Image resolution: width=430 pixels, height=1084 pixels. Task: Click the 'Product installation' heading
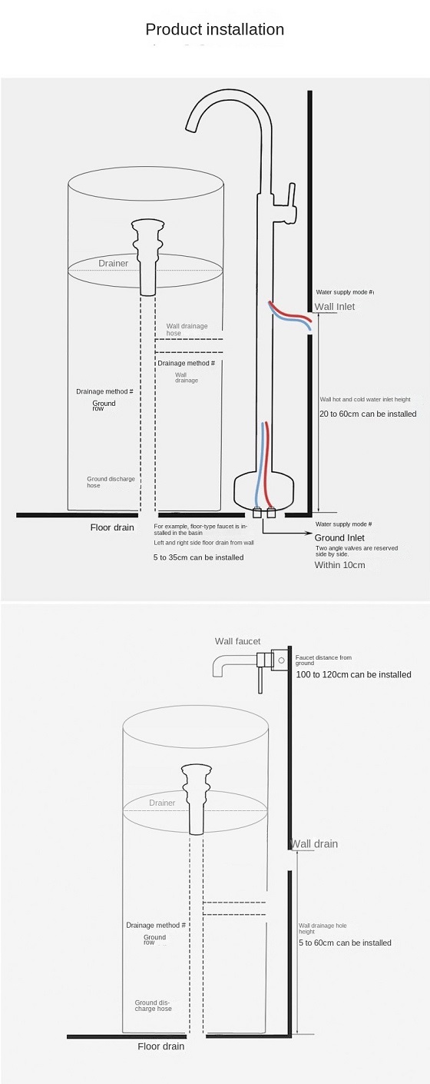coord(214,29)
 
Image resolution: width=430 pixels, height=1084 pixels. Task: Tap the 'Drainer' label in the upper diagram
coord(114,263)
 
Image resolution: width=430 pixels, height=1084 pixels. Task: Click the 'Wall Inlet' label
coord(335,306)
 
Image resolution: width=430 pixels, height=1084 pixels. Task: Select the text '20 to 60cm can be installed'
coord(368,414)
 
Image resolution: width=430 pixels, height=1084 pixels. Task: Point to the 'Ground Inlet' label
coord(339,537)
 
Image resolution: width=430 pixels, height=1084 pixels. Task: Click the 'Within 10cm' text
coord(339,565)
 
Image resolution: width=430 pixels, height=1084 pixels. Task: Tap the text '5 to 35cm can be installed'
coord(199,557)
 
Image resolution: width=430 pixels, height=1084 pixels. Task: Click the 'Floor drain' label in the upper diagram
coord(112,527)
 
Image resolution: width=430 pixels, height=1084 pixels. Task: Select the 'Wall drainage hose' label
coord(187,330)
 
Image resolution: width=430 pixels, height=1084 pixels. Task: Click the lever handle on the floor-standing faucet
coord(292,198)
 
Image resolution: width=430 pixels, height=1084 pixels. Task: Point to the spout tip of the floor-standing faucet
coord(192,128)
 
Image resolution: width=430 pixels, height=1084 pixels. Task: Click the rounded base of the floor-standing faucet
coord(264,490)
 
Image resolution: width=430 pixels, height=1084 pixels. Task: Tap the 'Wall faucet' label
coord(238,641)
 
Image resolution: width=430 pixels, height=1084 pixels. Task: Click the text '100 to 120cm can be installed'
coord(354,674)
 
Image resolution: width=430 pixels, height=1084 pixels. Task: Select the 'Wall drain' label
coord(315,843)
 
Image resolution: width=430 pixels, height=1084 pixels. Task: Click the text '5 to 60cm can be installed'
coord(345,943)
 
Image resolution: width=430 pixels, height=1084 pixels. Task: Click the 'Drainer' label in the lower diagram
coord(162,803)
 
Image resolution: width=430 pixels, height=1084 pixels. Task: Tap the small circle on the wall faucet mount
coord(281,660)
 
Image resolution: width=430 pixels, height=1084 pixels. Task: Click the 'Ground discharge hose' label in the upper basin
coord(111,482)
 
